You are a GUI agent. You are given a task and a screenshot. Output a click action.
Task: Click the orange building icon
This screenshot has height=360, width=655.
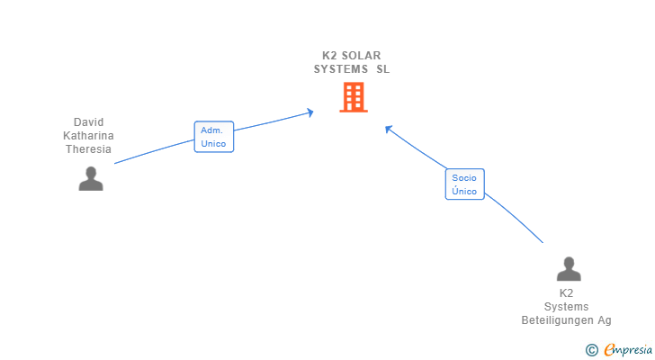354,97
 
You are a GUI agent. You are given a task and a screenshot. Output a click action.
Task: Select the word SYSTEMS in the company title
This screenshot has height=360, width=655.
341,69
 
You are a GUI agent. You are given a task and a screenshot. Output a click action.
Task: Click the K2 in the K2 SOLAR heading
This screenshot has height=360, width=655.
330,55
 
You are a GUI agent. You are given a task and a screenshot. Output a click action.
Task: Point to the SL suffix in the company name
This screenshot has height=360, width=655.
383,69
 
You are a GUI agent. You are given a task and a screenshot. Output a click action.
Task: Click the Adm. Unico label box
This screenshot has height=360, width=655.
214,137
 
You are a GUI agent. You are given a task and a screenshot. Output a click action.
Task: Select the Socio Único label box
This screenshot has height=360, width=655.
464,184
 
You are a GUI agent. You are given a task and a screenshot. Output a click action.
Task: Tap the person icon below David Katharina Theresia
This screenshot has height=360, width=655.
91,179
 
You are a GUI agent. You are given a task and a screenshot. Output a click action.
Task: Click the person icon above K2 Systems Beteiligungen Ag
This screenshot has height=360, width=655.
569,269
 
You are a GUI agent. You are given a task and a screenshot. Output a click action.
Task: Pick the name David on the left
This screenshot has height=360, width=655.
88,122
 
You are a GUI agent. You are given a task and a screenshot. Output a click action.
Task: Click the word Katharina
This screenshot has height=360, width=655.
88,136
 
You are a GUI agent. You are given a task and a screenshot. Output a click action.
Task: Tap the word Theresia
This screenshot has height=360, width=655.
88,149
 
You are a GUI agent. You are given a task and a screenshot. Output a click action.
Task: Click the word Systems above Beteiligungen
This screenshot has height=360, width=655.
566,307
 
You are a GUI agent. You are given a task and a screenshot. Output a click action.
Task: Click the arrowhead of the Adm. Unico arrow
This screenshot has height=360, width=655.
310,112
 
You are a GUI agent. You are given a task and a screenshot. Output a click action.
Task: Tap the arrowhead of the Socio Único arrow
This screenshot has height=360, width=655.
388,129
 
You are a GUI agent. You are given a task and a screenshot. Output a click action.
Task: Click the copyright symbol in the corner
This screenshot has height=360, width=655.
592,350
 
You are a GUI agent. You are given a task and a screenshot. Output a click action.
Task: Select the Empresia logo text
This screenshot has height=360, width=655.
628,349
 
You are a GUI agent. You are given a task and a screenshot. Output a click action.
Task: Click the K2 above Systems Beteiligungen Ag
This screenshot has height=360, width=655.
566,293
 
